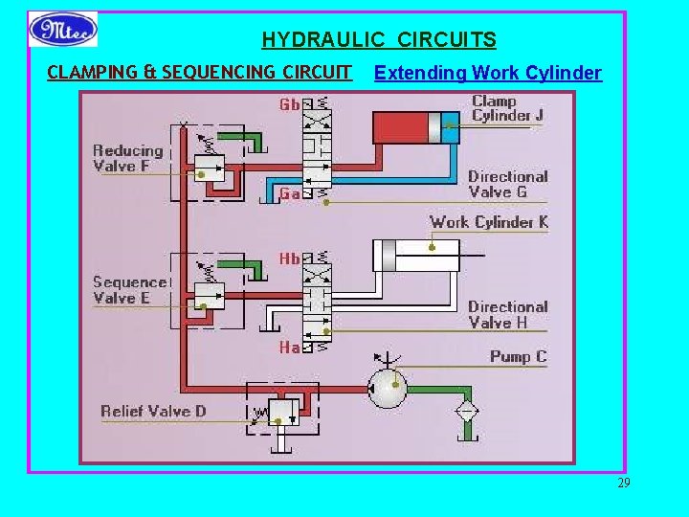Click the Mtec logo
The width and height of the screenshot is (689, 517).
coord(63,29)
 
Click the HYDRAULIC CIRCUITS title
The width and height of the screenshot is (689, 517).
coord(379,40)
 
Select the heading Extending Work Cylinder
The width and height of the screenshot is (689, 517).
coord(488,73)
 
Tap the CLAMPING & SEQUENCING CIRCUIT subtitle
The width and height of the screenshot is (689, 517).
coord(199,73)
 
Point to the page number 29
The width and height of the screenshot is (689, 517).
coord(624,483)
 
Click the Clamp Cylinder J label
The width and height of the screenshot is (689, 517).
coord(507,108)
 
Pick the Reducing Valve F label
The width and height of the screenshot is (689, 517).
coord(128,158)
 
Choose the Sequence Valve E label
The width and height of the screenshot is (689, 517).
coord(129,289)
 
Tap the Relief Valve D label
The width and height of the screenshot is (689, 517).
coord(153,412)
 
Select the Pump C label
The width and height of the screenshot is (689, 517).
coord(518,357)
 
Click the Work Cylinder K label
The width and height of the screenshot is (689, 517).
coord(488,222)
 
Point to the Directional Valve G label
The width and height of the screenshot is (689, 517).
coord(507,184)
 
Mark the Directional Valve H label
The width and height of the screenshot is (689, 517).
coord(507,314)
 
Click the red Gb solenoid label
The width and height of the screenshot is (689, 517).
coord(289,104)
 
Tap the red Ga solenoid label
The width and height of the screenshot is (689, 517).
coord(289,194)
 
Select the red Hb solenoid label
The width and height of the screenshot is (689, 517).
coord(289,258)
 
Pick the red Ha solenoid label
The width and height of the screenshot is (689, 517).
coord(289,347)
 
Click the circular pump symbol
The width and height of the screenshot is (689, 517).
coord(389,388)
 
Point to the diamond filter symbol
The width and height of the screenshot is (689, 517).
coord(468,412)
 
